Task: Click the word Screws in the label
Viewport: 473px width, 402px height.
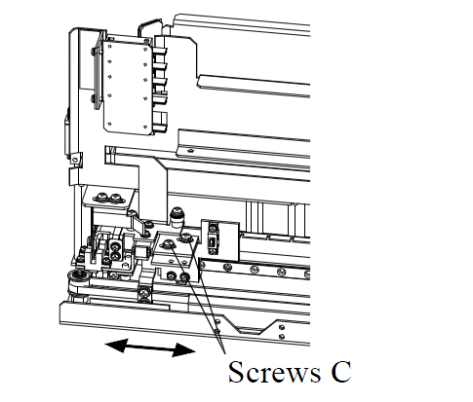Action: [x=274, y=372]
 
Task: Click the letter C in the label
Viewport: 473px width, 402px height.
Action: [x=341, y=372]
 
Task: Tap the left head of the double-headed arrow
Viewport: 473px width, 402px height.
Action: [x=116, y=346]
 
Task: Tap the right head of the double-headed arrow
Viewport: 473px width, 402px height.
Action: [x=183, y=350]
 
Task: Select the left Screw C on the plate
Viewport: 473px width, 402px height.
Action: [x=169, y=243]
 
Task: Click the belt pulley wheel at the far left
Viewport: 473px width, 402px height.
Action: [x=76, y=279]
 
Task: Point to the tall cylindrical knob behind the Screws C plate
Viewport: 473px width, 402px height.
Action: [x=177, y=217]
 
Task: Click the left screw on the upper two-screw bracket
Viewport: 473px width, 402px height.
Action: [x=100, y=197]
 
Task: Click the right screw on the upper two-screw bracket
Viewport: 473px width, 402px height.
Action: [x=115, y=197]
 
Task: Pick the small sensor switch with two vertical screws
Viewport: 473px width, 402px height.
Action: [x=213, y=238]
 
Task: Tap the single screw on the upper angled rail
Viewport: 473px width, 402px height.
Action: [x=190, y=150]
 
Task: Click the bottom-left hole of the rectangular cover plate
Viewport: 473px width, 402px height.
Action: [x=109, y=124]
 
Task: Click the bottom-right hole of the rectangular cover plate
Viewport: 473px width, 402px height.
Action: [x=145, y=128]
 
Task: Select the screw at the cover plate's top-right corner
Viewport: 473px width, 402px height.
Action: [x=147, y=41]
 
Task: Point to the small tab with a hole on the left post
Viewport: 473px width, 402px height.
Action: [x=75, y=160]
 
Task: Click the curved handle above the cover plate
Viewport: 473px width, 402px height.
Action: [x=149, y=23]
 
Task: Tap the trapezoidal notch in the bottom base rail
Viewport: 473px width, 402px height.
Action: [x=256, y=327]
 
